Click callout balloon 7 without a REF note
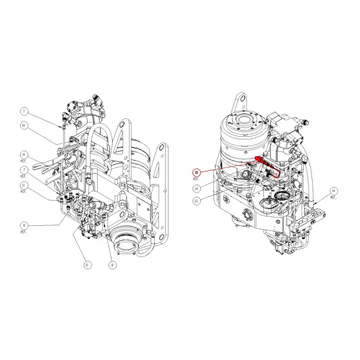24,111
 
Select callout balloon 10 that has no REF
24,125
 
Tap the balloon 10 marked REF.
24,154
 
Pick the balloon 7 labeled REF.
24,169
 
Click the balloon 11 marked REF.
24,185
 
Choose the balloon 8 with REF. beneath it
24,225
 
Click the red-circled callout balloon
196,172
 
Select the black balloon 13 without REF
196,202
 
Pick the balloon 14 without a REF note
196,189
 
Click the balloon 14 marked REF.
333,191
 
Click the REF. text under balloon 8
24,232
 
